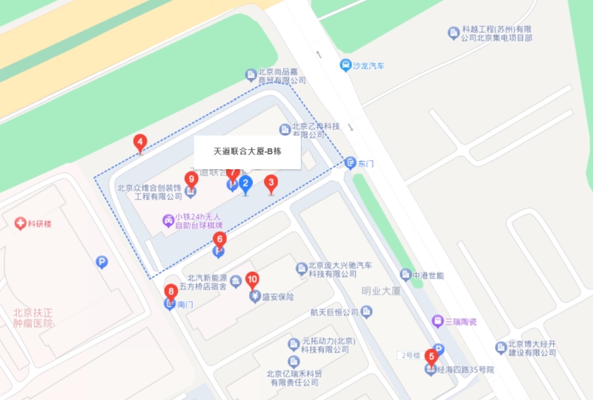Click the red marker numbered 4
[139, 142]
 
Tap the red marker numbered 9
[192, 179]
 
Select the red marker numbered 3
[271, 182]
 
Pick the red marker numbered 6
[219, 239]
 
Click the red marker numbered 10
[252, 280]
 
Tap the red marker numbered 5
[431, 355]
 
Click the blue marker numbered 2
[246, 183]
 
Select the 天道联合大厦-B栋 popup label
[247, 152]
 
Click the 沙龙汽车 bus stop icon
[345, 65]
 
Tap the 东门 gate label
[365, 163]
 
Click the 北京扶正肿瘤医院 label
[33, 318]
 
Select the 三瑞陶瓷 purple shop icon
[437, 321]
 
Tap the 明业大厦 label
[380, 291]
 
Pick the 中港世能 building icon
[405, 275]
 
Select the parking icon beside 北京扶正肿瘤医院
[102, 261]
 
